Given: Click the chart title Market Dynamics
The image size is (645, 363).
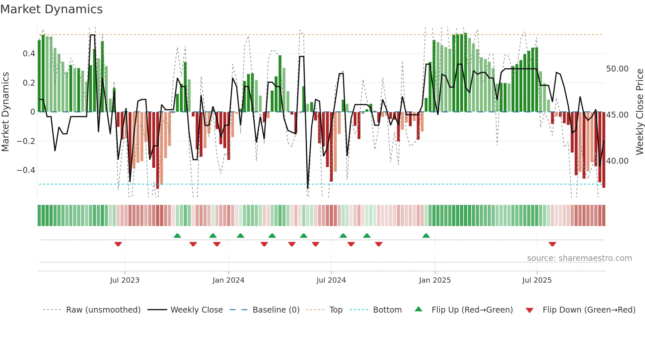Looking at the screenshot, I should tap(51, 9).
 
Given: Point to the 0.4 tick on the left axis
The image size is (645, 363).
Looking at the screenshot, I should tap(29, 54).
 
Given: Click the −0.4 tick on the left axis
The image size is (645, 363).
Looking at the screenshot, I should tap(26, 170).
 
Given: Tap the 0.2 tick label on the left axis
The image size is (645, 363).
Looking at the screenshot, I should tap(29, 83).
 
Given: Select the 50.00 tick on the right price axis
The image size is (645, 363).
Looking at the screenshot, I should tap(617, 69).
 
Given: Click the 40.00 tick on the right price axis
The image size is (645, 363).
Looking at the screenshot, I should tap(617, 161).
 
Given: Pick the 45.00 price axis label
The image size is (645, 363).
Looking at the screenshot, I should tap(617, 115).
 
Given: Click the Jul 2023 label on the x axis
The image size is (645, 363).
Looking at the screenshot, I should tap(125, 280).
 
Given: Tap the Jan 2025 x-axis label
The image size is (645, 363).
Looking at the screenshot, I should tap(435, 280).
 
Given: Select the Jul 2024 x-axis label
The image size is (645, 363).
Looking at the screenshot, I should tap(331, 280).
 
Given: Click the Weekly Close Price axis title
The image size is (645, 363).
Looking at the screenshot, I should tap(639, 112).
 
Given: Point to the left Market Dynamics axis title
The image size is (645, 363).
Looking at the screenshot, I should tap(5, 112).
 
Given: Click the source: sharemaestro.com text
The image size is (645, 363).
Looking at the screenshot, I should tap(579, 258).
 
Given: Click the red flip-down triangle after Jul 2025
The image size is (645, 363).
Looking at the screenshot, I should tap(552, 244).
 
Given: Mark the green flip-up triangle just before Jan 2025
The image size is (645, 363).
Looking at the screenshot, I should tap(426, 236).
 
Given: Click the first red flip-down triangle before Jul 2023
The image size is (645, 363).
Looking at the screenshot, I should tap(118, 244).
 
